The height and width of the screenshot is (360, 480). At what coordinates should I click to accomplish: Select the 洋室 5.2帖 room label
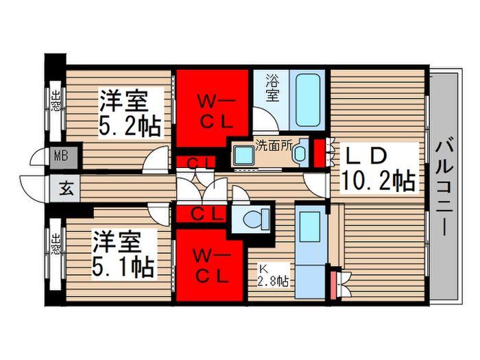coord(129,114)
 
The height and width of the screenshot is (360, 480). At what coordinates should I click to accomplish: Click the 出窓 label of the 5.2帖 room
coord(55,100)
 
